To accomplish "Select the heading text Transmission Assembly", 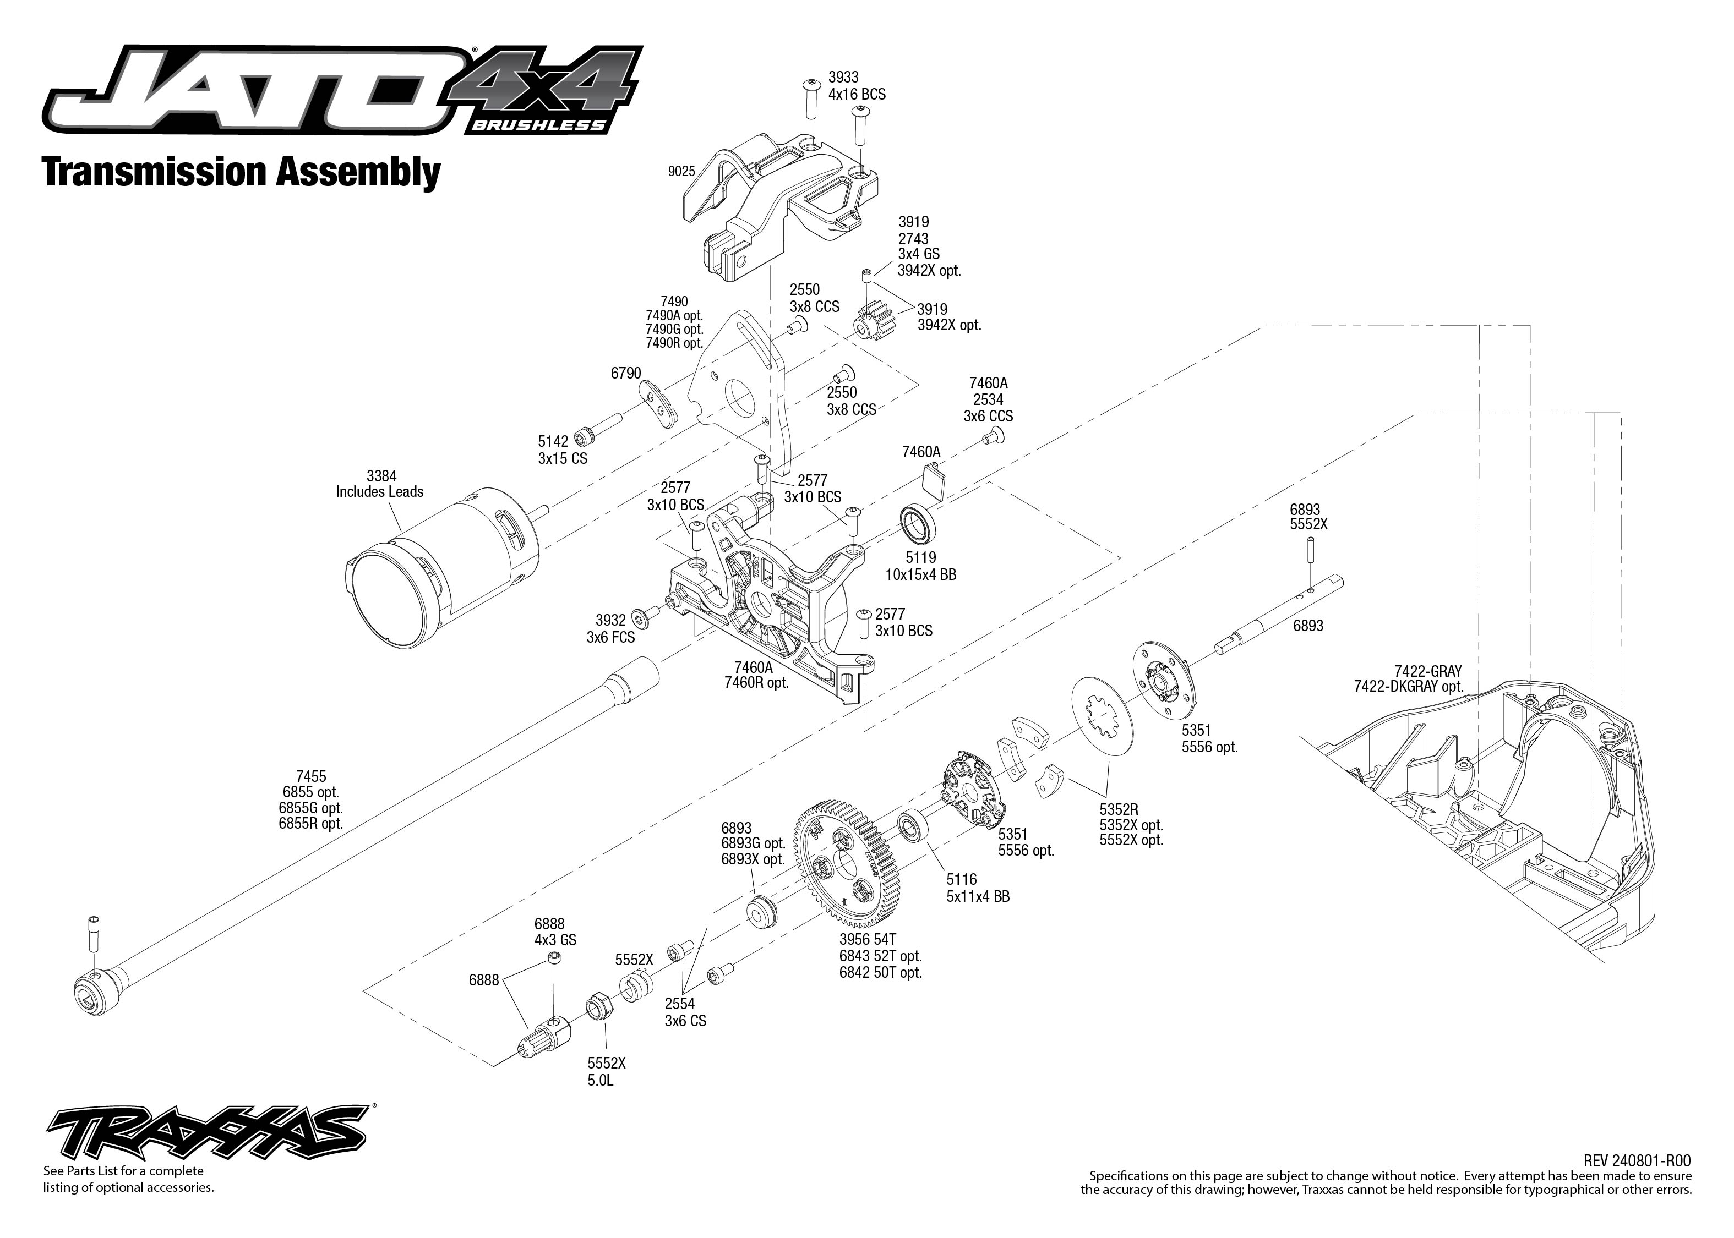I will pos(241,172).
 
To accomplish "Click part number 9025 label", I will pos(681,172).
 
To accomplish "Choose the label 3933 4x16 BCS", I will pos(855,85).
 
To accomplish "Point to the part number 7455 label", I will pos(310,776).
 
